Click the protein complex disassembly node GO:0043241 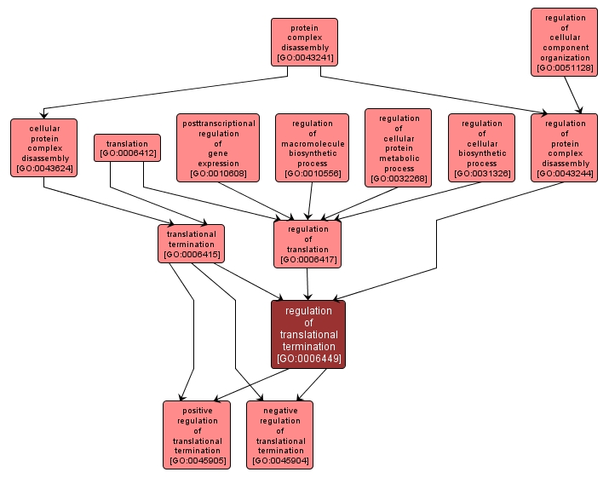point(304,42)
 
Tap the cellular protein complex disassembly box point(43,147)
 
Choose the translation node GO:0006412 point(127,148)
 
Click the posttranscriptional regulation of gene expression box point(218,147)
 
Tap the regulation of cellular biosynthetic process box point(481,147)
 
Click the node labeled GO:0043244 point(565,147)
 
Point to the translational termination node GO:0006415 point(192,244)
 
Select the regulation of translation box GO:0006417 point(307,244)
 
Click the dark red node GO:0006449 point(308,334)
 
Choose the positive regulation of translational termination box point(197,435)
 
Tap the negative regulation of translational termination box point(280,435)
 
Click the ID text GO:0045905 point(197,461)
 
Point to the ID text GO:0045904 point(280,461)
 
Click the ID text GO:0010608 point(218,174)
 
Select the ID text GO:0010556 point(312,174)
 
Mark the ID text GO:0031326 point(481,174)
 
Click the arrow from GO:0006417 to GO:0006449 point(307,284)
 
